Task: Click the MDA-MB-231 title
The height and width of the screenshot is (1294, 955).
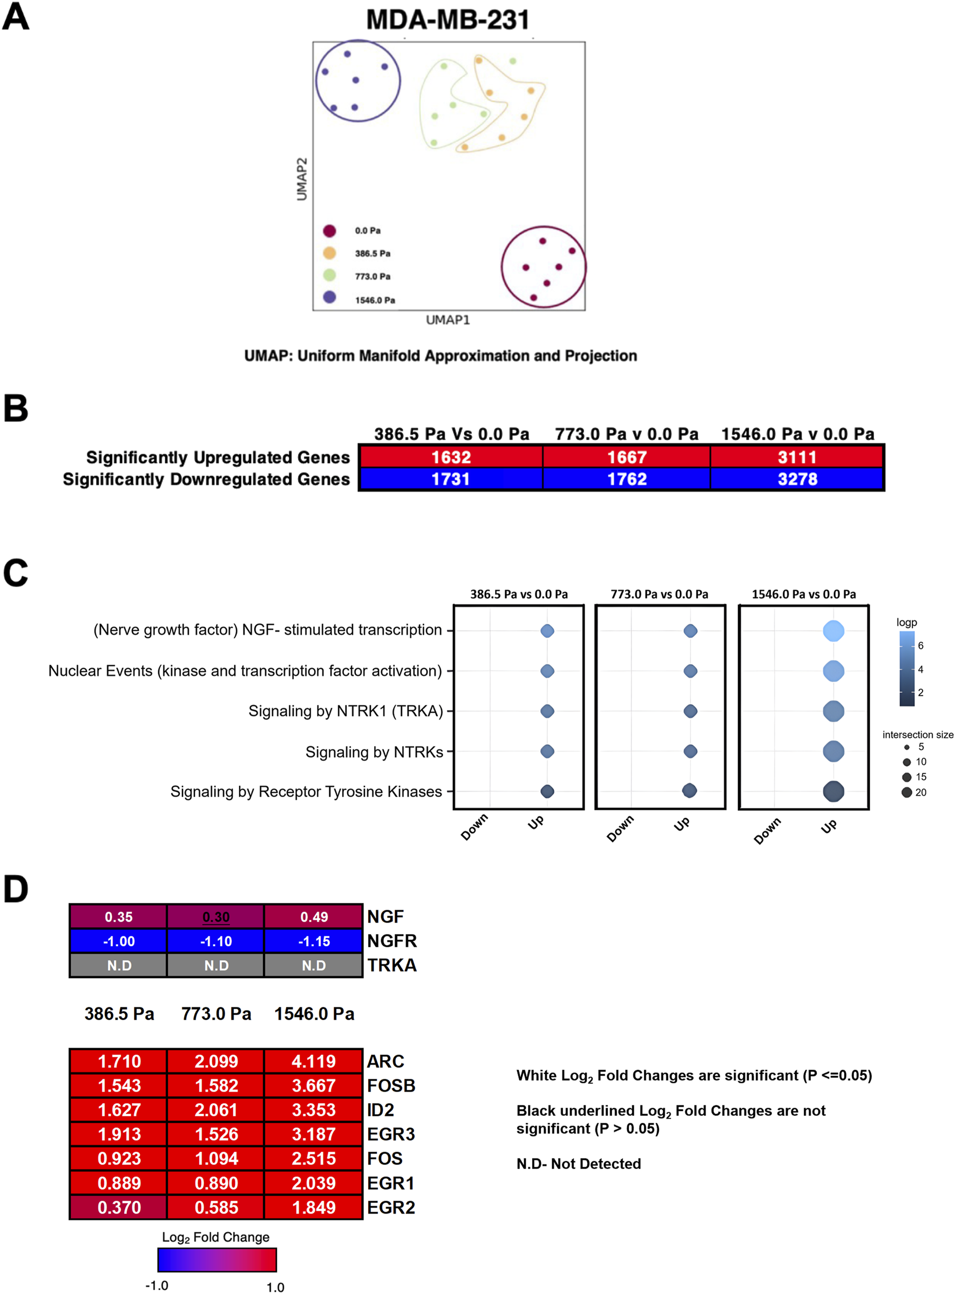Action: [x=448, y=19]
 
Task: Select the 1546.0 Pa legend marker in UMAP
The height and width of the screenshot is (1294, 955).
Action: [x=329, y=297]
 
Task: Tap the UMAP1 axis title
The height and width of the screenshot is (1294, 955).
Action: [x=448, y=320]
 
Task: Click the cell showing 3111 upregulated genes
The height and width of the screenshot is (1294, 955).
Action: [x=797, y=457]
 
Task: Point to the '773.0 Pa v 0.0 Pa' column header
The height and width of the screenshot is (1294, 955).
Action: [x=626, y=434]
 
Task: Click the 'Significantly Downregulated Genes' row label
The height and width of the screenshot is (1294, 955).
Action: [x=206, y=480]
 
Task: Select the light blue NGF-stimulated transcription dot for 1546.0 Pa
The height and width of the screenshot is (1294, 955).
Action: [x=833, y=630]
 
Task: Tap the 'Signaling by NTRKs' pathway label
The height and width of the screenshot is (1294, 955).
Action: [x=374, y=752]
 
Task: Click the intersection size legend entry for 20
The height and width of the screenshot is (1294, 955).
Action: [x=914, y=792]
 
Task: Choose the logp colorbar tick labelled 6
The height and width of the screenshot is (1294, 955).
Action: [x=920, y=645]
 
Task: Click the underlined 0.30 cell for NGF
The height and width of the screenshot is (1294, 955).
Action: [x=216, y=917]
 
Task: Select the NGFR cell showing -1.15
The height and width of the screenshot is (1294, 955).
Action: [x=314, y=941]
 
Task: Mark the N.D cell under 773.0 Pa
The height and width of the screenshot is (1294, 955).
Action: [x=216, y=966]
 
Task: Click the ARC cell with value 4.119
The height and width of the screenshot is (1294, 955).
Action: [x=314, y=1062]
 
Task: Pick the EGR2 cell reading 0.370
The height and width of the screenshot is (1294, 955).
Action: [x=119, y=1207]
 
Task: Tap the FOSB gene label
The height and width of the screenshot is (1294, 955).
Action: [x=391, y=1086]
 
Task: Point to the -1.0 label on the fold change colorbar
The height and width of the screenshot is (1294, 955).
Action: [x=157, y=1285]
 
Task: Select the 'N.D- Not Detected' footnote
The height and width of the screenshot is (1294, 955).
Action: [x=579, y=1163]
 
